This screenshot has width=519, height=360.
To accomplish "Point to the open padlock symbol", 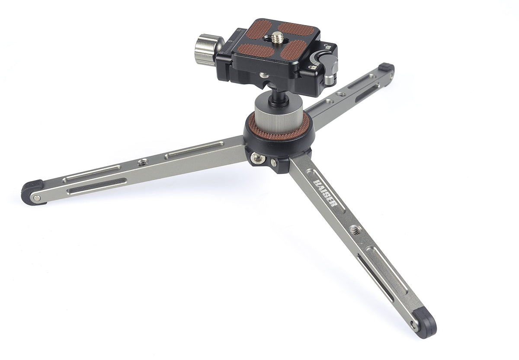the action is coord(327,46).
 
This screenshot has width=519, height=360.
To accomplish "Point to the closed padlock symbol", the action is coord(313,67).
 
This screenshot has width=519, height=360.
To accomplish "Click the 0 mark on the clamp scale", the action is coord(230,41).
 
